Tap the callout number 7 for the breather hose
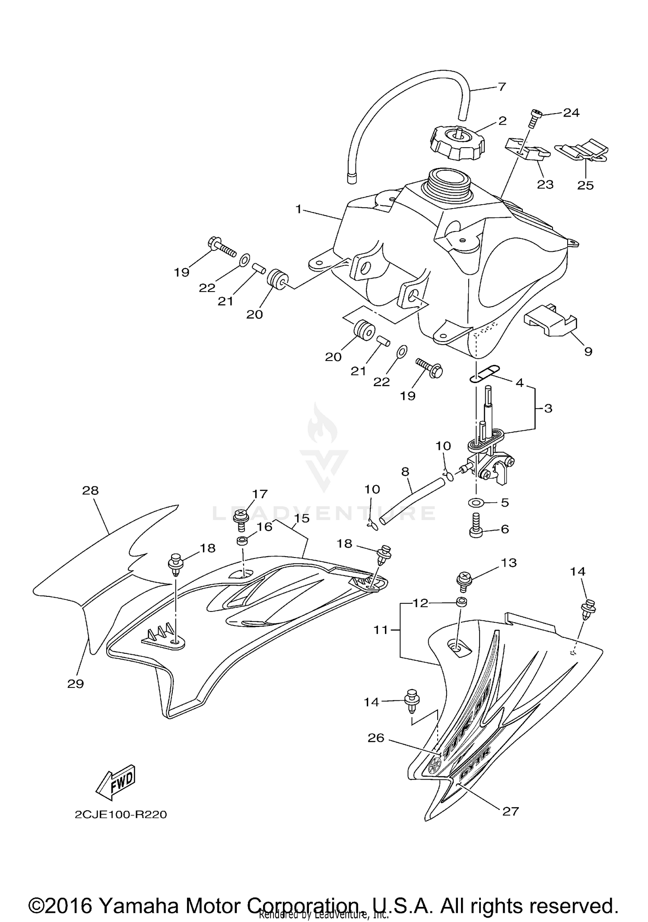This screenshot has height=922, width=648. (x=501, y=87)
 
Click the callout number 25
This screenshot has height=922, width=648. (x=585, y=185)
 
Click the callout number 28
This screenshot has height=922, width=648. (x=90, y=490)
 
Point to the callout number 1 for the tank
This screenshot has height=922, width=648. (x=298, y=209)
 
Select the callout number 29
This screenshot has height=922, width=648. (x=76, y=683)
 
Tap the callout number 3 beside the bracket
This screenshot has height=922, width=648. (x=548, y=408)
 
